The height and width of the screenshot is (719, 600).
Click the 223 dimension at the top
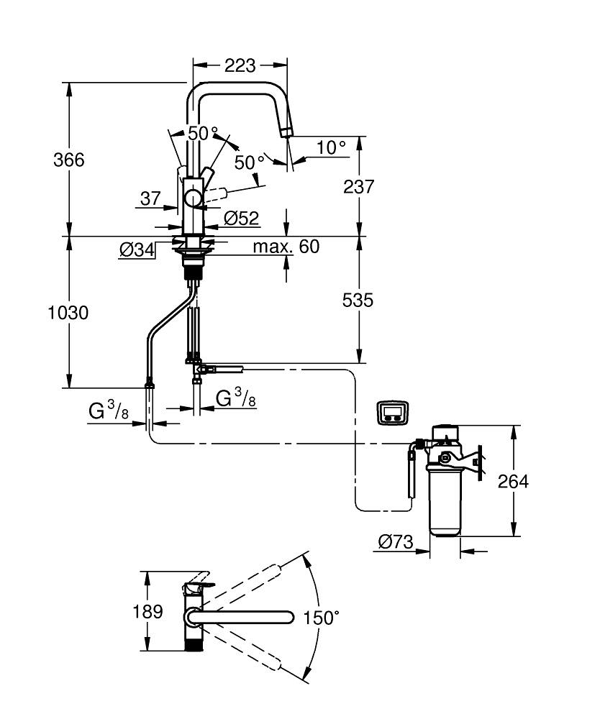pos(240,65)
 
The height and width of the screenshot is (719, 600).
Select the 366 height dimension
pos(69,160)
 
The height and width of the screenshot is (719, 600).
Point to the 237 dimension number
pos(359,187)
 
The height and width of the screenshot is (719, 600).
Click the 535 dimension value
pos(358,301)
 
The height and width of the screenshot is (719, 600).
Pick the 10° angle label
pos(331,147)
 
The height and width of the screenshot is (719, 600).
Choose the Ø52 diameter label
pos(241,217)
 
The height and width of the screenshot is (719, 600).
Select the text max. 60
pos(286,247)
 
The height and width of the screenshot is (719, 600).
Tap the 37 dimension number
pos(150,199)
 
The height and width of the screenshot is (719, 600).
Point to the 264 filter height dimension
pos(514,482)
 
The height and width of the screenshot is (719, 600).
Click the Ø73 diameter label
pos(396,543)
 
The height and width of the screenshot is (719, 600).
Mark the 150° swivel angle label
pos(321,618)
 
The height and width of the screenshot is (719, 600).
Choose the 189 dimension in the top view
pos(147,613)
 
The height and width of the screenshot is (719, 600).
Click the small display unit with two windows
pos(393,413)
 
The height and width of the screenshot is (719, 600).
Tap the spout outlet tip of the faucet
pos(286,130)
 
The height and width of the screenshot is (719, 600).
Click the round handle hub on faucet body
pos(193,198)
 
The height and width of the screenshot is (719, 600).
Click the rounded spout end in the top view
pos(288,617)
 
